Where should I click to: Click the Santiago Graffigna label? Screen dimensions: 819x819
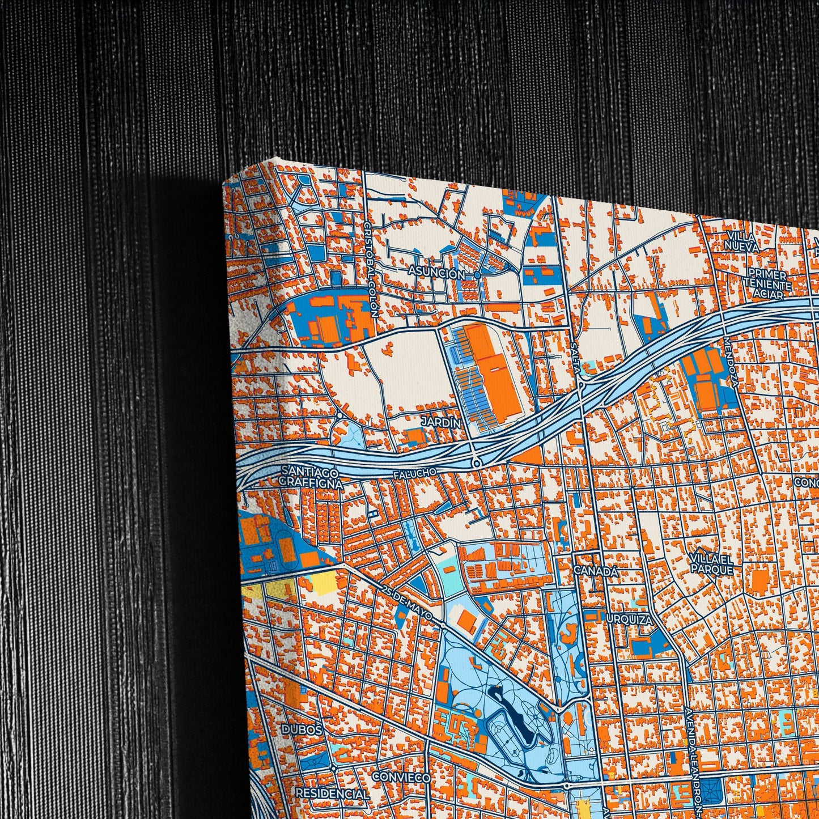[311, 478]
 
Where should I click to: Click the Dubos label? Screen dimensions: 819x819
[303, 730]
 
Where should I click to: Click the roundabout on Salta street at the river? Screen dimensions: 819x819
[582, 384]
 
